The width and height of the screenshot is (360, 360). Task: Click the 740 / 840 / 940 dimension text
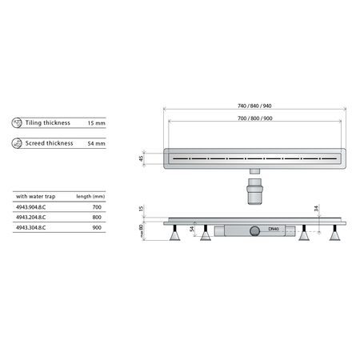click(x=254, y=106)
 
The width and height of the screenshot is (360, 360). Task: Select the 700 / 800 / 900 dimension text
click(x=254, y=118)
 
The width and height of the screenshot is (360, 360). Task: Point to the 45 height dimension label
click(x=142, y=158)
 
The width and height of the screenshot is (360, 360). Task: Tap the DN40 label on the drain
click(x=273, y=230)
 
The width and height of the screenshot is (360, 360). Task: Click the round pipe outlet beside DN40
click(x=254, y=230)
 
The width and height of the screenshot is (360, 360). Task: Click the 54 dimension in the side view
click(x=192, y=230)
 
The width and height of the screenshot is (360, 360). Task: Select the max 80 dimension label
click(x=142, y=233)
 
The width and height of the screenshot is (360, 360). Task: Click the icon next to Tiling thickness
click(x=18, y=123)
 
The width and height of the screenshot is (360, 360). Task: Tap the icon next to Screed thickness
click(x=18, y=143)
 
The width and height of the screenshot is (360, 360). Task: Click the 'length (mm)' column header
click(x=90, y=195)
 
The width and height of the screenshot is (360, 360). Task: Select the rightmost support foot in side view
click(x=333, y=238)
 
